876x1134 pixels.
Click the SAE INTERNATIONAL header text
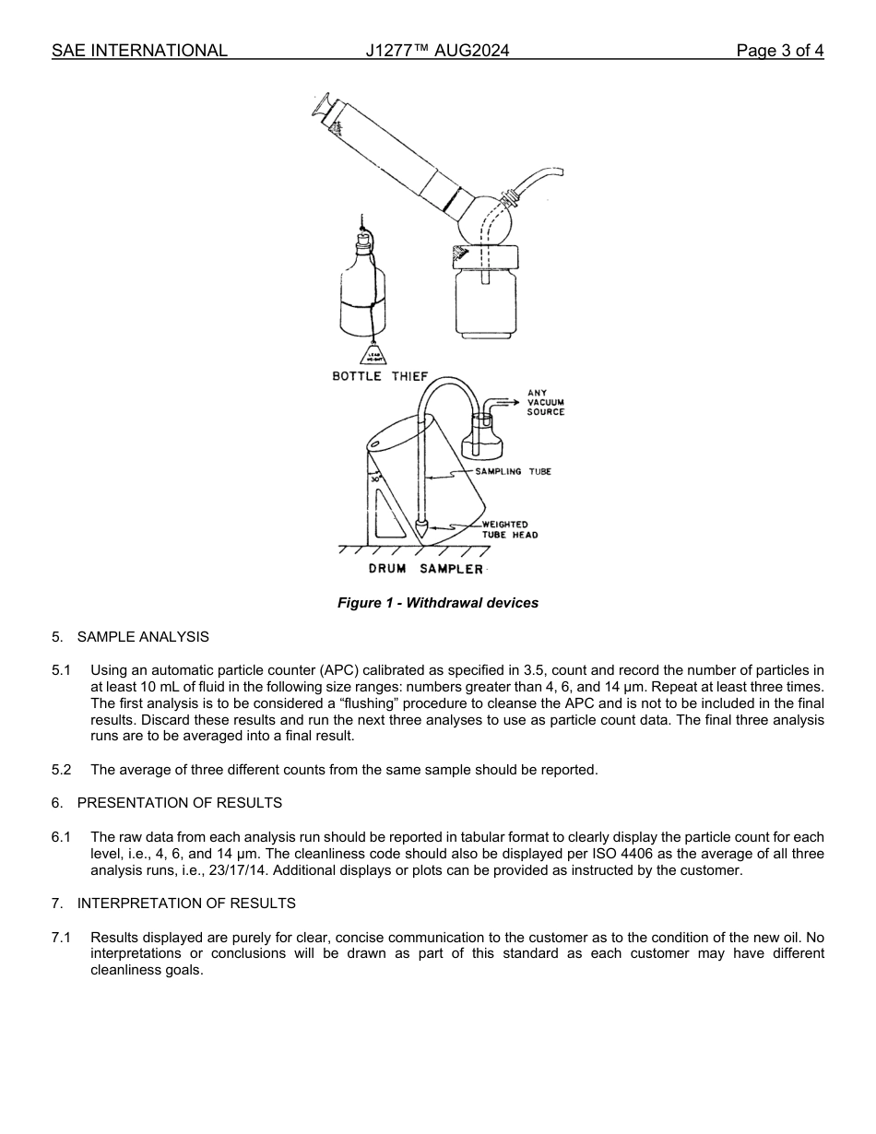139,51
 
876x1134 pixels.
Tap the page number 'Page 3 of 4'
779,51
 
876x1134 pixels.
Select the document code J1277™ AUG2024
437,51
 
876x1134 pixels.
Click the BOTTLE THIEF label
380,376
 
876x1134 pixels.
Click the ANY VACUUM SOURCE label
545,402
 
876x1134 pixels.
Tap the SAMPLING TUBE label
513,471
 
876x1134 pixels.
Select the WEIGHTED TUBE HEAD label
509,529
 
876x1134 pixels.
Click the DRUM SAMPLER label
425,569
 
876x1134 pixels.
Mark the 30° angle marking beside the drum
375,478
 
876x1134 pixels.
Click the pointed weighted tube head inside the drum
420,529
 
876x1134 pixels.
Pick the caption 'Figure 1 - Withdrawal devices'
437,603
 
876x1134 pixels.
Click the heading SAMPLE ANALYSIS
143,637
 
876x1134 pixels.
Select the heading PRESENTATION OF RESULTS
179,803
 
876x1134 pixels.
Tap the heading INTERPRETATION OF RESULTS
186,904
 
